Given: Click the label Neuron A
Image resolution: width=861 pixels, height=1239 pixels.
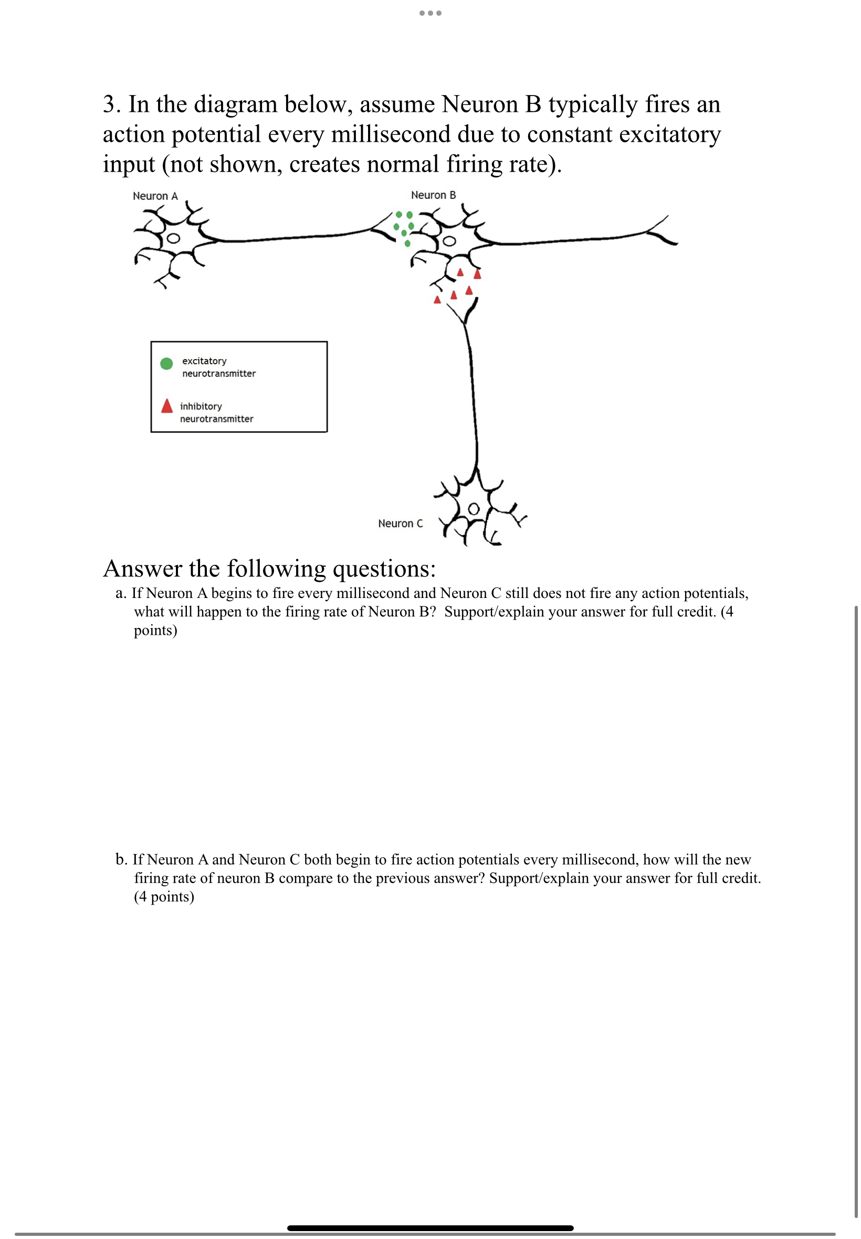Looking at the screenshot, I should pyautogui.click(x=155, y=196).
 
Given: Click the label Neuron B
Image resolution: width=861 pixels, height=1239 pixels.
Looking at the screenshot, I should pyautogui.click(x=433, y=195).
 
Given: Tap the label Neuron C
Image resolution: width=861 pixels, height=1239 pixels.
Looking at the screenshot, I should pyautogui.click(x=400, y=523).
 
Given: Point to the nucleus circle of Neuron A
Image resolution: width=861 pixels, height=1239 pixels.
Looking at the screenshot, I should pyautogui.click(x=173, y=238).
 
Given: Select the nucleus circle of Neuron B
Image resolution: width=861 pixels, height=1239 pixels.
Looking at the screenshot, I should pyautogui.click(x=449, y=241).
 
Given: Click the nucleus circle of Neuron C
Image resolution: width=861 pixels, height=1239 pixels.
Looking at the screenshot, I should pyautogui.click(x=473, y=509).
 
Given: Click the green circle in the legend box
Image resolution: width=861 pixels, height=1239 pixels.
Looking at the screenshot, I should pyautogui.click(x=166, y=363).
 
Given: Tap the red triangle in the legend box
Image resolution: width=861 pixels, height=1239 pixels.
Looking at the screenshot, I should pyautogui.click(x=167, y=406).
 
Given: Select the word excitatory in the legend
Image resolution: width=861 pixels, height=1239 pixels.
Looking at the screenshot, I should pyautogui.click(x=204, y=361).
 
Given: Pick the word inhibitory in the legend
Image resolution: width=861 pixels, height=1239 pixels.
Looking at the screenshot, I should pyautogui.click(x=201, y=406).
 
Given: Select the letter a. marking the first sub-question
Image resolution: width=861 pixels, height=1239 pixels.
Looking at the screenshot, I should pyautogui.click(x=121, y=593).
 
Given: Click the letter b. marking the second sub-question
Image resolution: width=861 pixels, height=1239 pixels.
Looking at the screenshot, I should pyautogui.click(x=121, y=859).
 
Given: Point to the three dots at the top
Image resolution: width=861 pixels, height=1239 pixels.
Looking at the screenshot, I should pyautogui.click(x=430, y=13).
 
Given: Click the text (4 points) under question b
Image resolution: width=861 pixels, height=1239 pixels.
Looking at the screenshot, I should pyautogui.click(x=164, y=897).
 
